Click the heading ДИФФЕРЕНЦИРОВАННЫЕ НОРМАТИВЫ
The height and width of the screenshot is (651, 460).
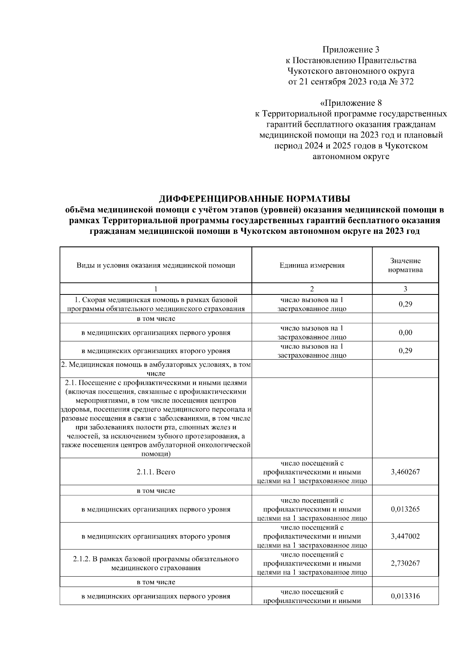tap(255, 199)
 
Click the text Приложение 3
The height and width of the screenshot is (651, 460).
tap(351, 49)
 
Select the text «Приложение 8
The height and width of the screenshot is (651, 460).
tap(351, 103)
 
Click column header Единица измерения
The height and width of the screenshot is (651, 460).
tap(312, 265)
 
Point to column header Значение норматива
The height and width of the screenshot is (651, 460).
tap(405, 265)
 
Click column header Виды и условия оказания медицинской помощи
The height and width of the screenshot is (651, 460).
tap(156, 265)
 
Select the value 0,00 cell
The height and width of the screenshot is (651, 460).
tap(405, 332)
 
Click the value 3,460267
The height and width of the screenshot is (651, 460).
tap(405, 472)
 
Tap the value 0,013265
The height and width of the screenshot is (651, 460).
tap(405, 509)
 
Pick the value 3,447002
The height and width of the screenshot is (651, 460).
tap(405, 536)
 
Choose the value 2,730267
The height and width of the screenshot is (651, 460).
tap(405, 563)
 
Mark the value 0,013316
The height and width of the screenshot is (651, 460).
tap(405, 596)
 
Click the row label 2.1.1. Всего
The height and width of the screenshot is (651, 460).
tap(156, 472)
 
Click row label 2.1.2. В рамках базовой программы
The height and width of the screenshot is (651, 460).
tap(156, 563)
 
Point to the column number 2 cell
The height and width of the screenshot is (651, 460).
tap(312, 289)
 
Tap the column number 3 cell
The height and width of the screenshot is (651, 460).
tap(405, 289)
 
